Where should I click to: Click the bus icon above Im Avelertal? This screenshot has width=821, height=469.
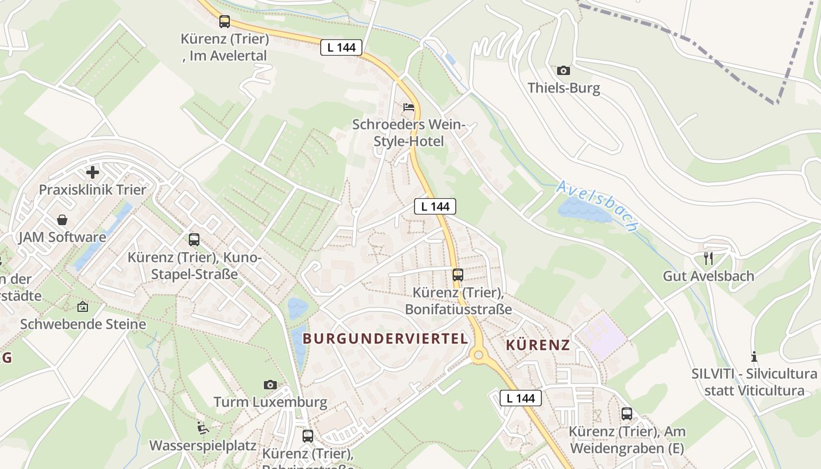pos(225,22)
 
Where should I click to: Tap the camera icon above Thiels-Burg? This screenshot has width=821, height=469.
pos(564,70)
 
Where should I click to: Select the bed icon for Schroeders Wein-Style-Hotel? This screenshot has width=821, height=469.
pos(408,107)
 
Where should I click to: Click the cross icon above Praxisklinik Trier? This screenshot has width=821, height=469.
pos(92,172)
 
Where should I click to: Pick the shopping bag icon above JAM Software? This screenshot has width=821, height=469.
pos(62,220)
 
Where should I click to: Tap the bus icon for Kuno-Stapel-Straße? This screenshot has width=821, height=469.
pos(194,239)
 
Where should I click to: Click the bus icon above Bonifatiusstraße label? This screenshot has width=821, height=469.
pos(458,274)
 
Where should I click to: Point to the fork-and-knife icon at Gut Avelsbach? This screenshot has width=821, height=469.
pos(708,258)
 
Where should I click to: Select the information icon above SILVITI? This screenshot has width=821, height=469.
pos(754,356)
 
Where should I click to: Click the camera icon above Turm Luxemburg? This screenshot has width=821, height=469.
pos(270,385)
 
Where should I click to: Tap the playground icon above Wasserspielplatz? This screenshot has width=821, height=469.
pos(203,428)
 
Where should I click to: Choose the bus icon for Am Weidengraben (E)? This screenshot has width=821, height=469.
pos(627,414)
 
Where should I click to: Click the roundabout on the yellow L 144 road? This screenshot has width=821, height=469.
pos(479,354)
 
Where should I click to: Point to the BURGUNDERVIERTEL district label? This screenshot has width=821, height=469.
pos(385,338)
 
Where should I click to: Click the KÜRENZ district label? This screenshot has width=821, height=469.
pos(538,345)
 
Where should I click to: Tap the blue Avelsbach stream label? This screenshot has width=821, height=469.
pos(597,205)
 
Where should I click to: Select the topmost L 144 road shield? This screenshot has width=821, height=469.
pos(341,47)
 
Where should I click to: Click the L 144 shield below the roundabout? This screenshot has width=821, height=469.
pos(521,398)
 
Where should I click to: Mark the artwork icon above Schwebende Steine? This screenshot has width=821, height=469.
pos(83,307)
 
